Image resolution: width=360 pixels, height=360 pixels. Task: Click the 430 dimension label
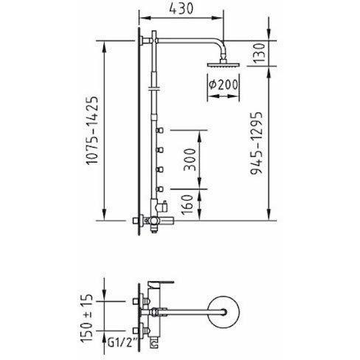[x=181, y=9]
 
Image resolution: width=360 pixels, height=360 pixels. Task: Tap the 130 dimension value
[x=259, y=53]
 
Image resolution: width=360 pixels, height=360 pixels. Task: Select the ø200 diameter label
[x=224, y=85]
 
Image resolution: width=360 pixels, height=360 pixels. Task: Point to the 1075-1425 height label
[x=92, y=131]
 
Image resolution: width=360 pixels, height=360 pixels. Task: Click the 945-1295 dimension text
[x=257, y=143]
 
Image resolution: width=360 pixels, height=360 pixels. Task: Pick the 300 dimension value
[x=190, y=159]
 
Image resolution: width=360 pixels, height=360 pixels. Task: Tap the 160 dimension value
[x=187, y=205]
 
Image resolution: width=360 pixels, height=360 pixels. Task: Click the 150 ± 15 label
[x=87, y=318]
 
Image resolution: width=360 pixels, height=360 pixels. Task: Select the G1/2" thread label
[x=122, y=342]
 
